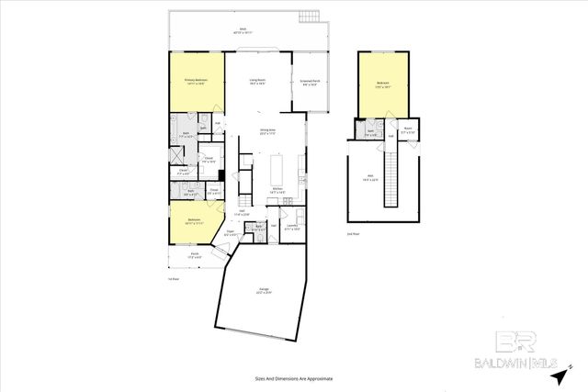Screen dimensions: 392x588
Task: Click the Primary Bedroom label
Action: (195, 82)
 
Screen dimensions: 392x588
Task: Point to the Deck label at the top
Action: (243, 30)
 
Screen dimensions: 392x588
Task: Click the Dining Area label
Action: (268, 132)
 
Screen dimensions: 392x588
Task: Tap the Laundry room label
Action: (293, 226)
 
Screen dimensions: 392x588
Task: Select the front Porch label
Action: (194, 255)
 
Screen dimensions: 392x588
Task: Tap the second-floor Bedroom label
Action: (383, 85)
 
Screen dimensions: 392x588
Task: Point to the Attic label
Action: (370, 180)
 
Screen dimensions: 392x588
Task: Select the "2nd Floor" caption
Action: (352, 233)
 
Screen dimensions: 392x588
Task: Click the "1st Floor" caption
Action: (173, 278)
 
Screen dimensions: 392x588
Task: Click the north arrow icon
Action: (559, 376)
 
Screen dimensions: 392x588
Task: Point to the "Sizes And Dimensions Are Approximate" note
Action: (294, 378)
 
